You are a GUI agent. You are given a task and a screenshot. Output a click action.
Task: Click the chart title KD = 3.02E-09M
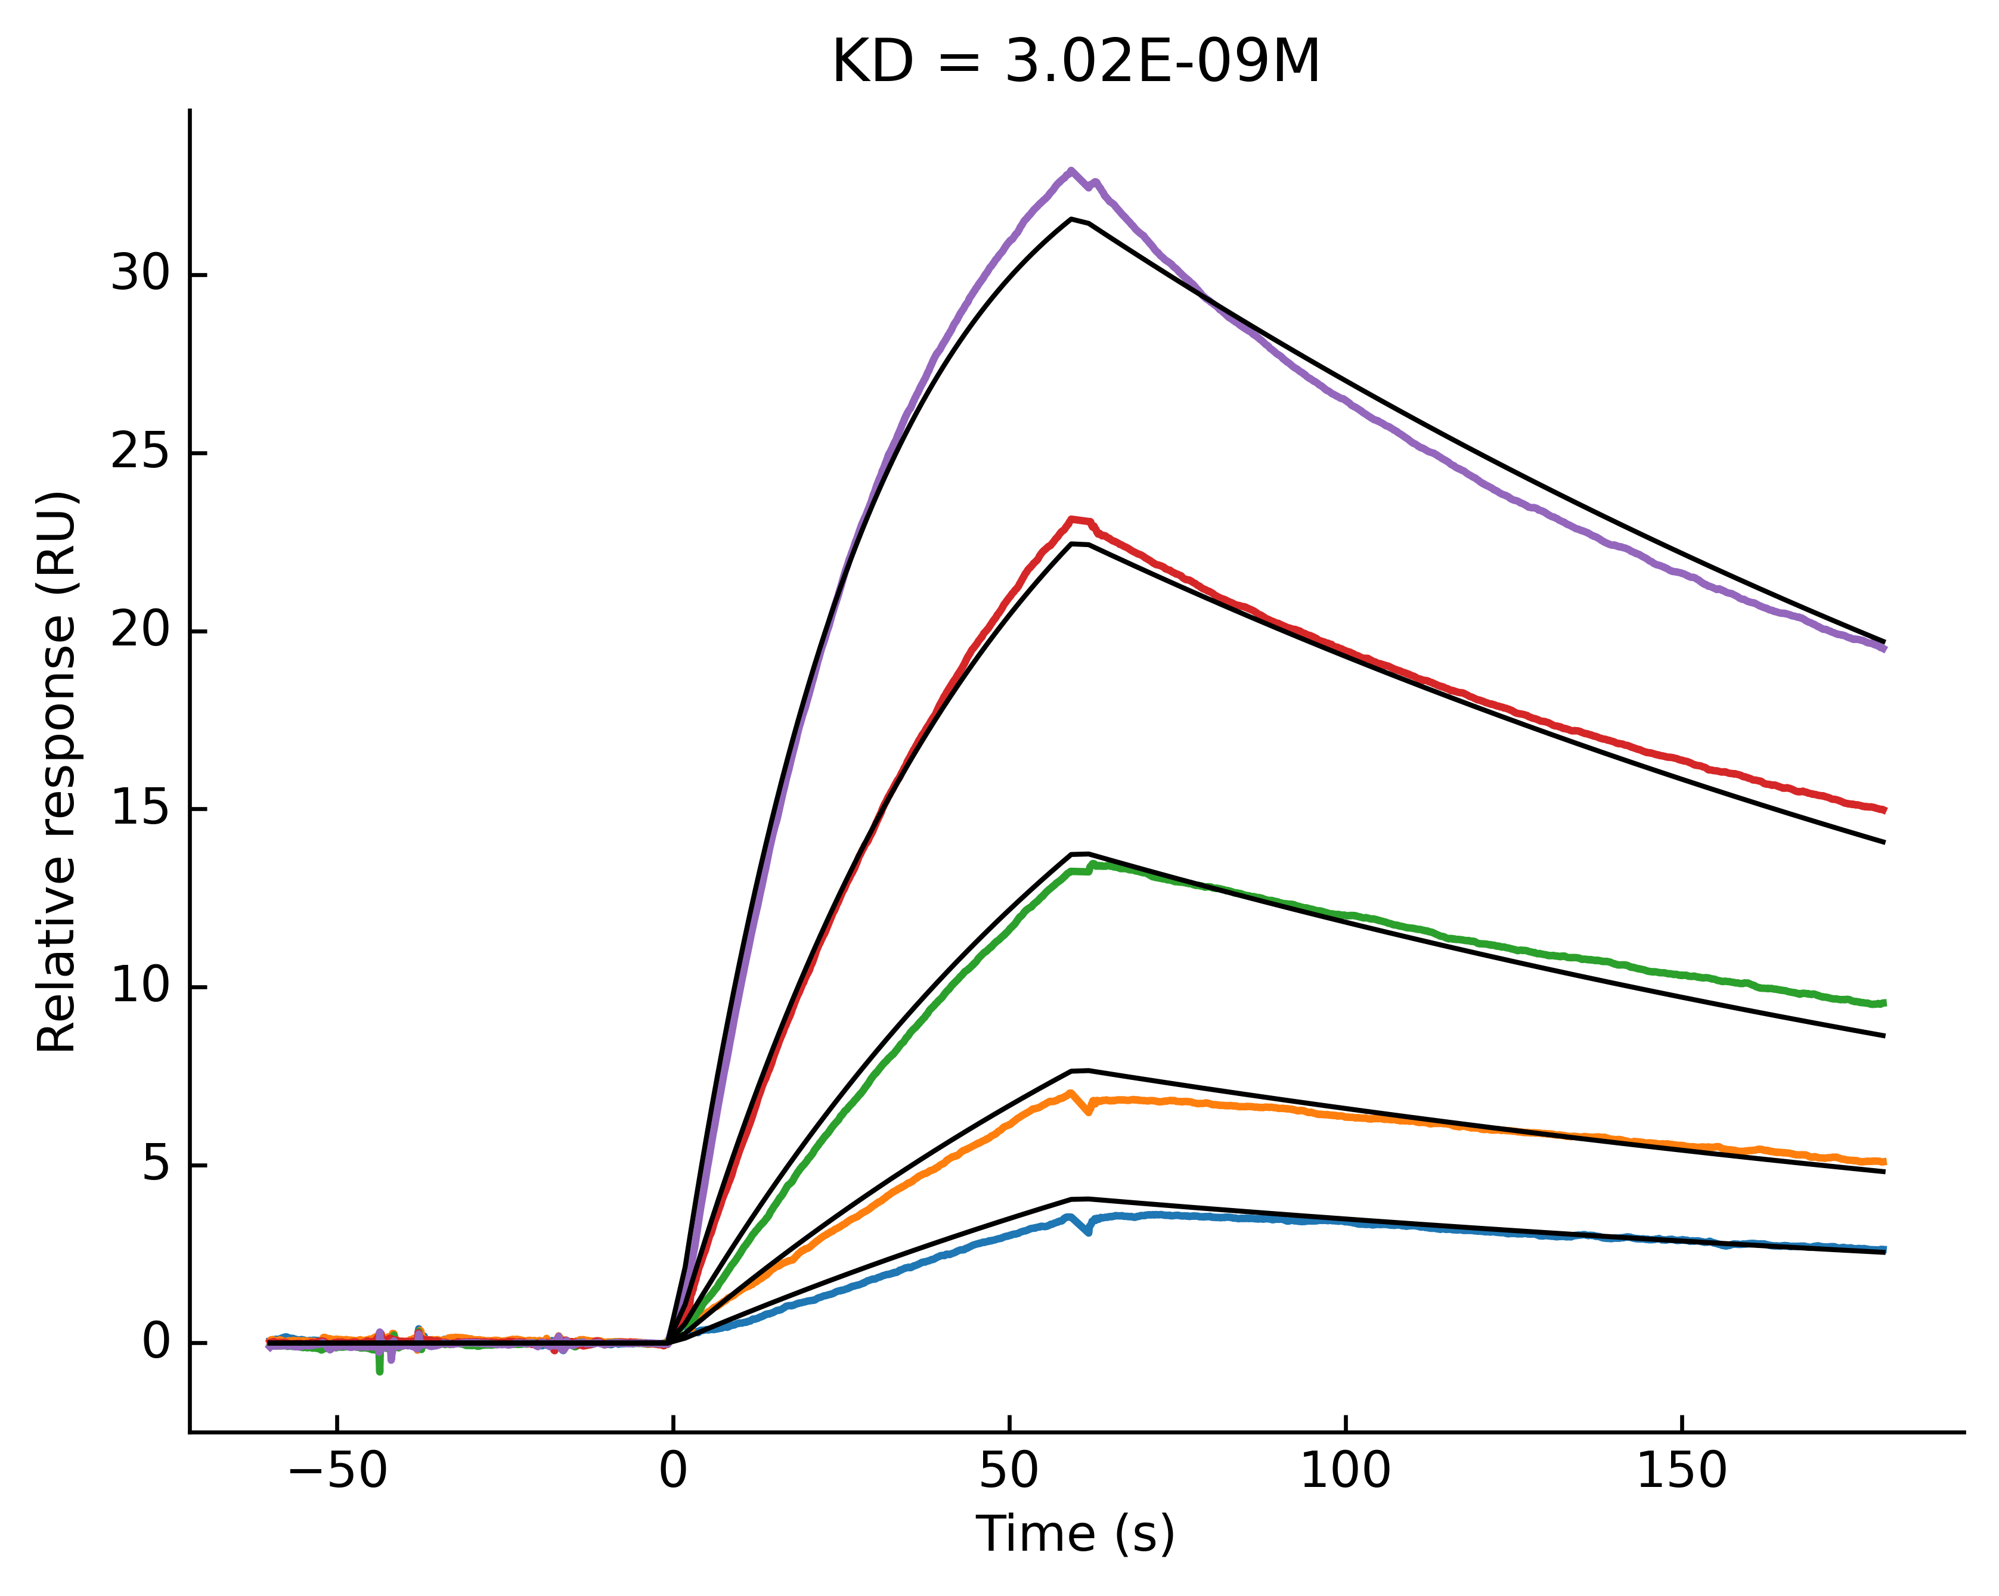(x=1076, y=63)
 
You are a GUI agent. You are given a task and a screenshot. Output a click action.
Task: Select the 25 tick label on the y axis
(x=140, y=452)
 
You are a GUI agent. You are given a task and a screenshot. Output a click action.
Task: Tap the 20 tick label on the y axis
(x=140, y=631)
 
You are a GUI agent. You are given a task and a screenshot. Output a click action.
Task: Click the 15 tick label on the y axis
(x=140, y=808)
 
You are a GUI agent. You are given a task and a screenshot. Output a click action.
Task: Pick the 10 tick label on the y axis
(x=140, y=986)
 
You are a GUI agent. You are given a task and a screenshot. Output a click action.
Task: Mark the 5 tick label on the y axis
(x=157, y=1164)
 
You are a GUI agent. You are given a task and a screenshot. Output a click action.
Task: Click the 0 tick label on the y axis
(x=157, y=1342)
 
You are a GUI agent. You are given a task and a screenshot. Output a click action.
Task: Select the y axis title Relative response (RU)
(x=57, y=771)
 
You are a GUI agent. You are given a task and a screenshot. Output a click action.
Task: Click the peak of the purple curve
(x=1071, y=170)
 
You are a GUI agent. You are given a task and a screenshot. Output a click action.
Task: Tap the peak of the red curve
(x=1073, y=519)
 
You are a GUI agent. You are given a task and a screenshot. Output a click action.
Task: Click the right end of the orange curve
(x=1883, y=1162)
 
